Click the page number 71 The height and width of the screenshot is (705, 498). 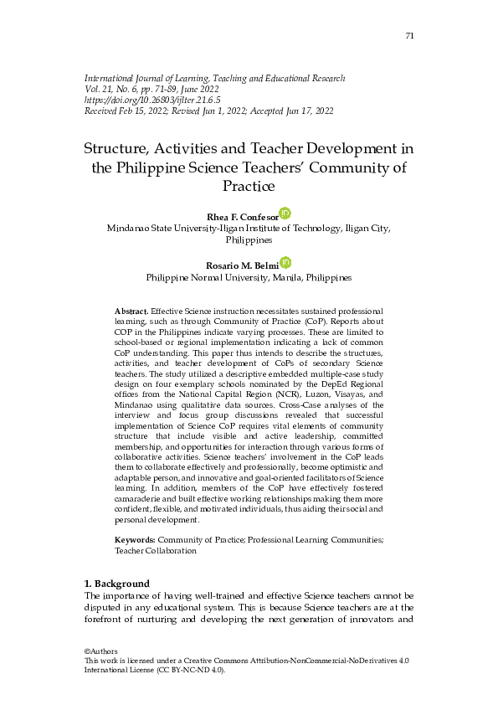pos(409,36)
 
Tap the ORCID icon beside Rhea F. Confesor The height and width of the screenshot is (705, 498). pos(285,214)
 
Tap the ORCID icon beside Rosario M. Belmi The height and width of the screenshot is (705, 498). pos(285,263)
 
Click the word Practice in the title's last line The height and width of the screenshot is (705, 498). pos(249,185)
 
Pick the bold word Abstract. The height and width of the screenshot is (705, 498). pos(131,311)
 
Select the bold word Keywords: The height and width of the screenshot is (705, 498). pos(136,540)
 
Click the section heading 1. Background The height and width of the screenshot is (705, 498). pos(117,584)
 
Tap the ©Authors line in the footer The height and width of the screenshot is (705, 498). pos(101,651)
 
